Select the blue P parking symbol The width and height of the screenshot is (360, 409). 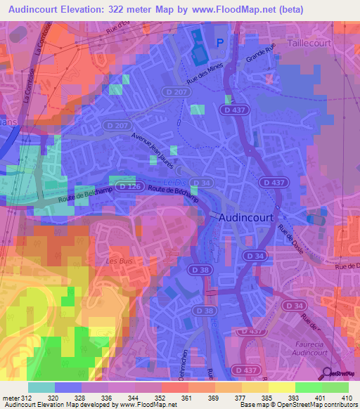(219, 44)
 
